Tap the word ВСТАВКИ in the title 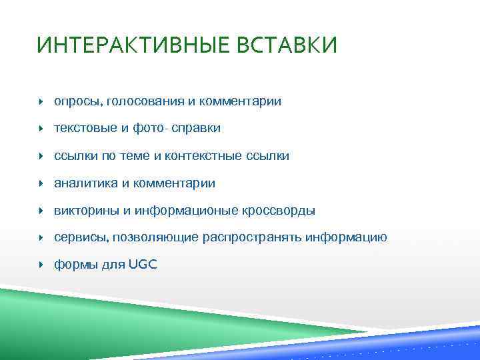[x=289, y=46]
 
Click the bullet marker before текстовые [x=41, y=129]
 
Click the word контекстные [x=209, y=156]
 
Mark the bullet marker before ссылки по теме [x=41, y=156]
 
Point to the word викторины [x=86, y=211]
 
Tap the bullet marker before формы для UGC [x=41, y=265]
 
